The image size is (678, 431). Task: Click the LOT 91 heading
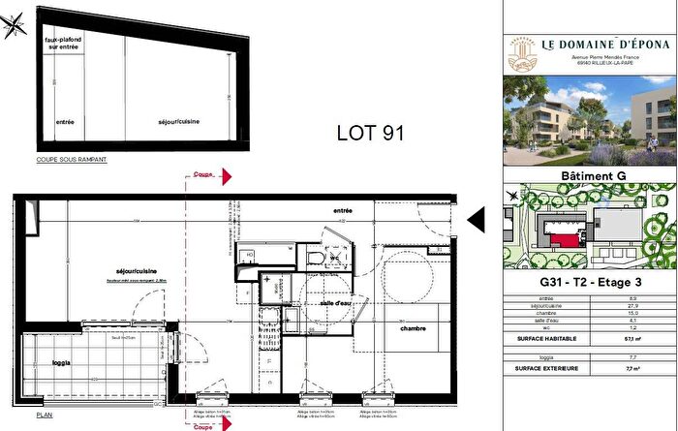(369, 132)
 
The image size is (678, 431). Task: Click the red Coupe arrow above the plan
(224, 177)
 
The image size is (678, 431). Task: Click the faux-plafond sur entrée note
(63, 42)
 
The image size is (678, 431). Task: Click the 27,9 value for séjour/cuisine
(633, 306)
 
